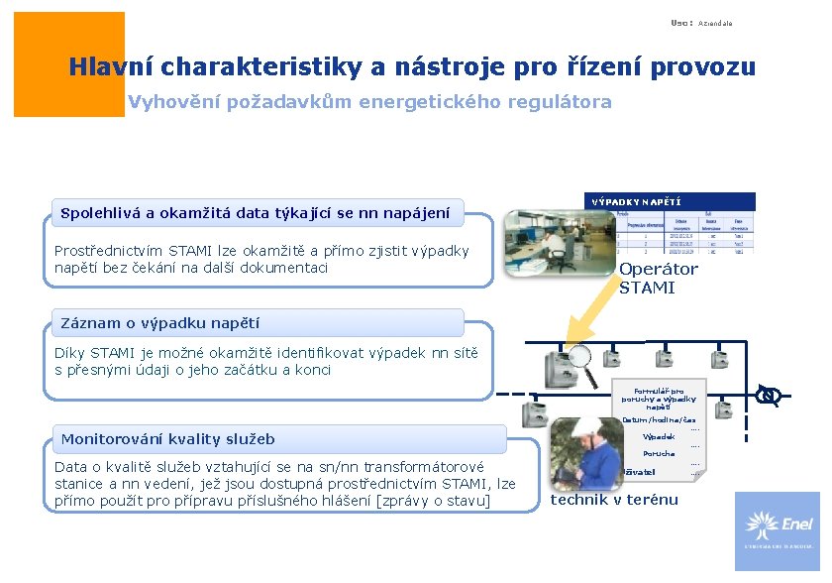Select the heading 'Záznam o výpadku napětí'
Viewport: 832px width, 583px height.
[x=159, y=322]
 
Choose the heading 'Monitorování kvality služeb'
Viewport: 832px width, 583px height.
[x=167, y=438]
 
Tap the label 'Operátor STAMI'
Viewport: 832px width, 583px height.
[x=658, y=278]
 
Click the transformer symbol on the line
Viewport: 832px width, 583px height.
[x=768, y=396]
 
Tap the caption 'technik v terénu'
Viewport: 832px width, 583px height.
[x=613, y=499]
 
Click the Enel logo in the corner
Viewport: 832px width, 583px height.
[x=777, y=530]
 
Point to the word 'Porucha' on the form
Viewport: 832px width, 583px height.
[x=658, y=453]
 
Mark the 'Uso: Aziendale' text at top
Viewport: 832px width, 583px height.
[x=701, y=23]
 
